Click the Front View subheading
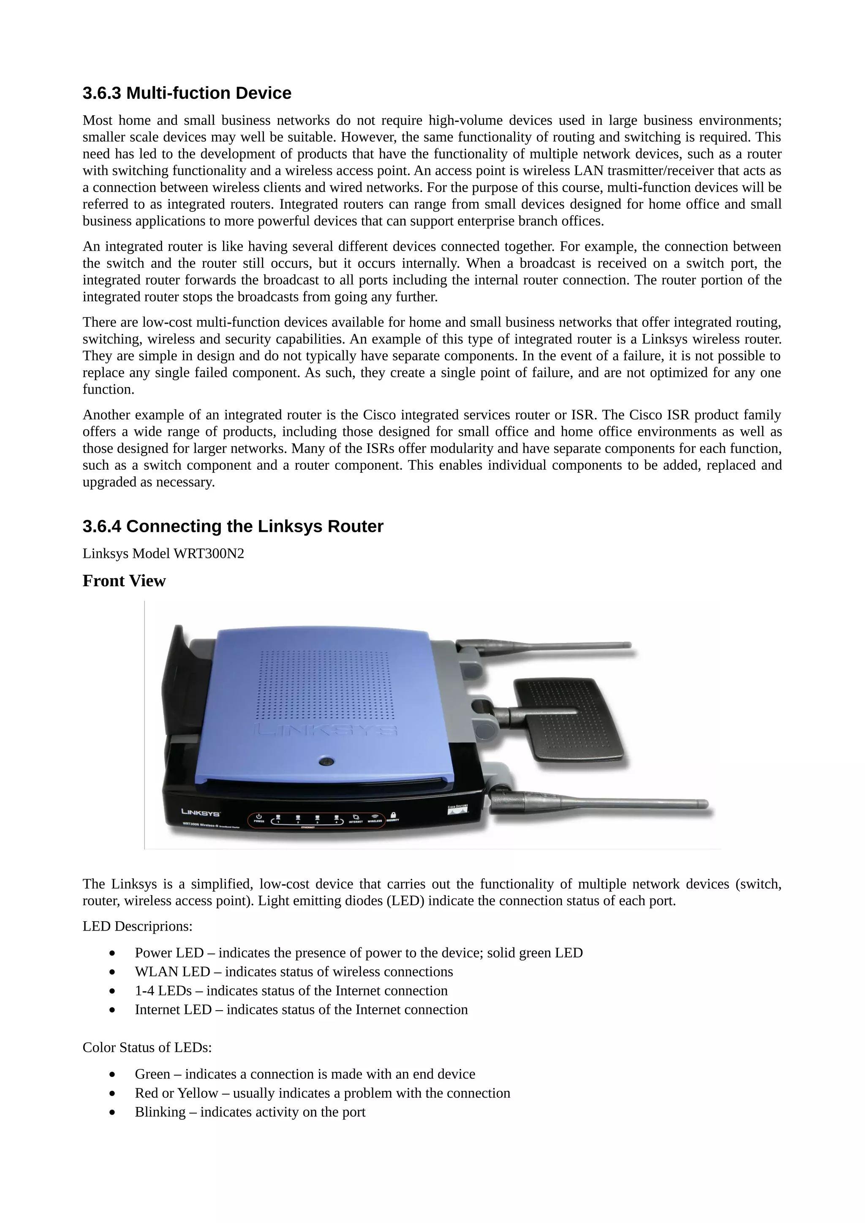click(x=124, y=581)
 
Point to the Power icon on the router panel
click(x=258, y=817)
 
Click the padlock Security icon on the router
click(x=393, y=815)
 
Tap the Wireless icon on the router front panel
click(x=375, y=817)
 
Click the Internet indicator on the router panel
click(x=356, y=817)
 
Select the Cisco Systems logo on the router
click(x=457, y=809)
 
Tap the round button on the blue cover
click(x=326, y=762)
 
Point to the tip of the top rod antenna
click(x=628, y=645)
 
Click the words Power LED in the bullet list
click(x=169, y=952)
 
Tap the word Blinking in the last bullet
click(x=160, y=1112)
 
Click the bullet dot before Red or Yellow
click(x=112, y=1093)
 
